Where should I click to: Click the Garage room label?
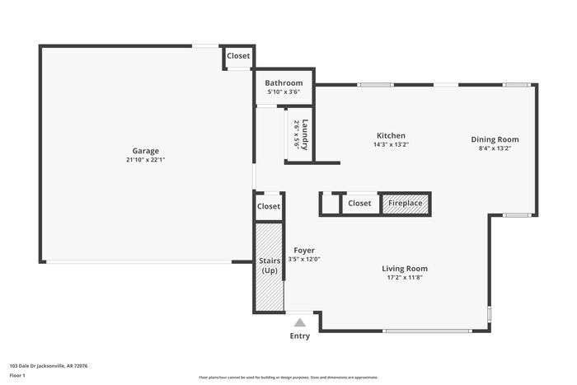coord(146,151)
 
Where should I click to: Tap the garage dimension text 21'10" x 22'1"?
coord(146,160)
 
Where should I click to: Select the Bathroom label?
coord(284,83)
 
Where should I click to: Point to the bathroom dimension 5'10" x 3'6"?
coord(284,92)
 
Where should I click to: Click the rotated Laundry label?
coord(305,135)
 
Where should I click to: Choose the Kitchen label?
coord(391,135)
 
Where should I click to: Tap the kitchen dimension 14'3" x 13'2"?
coord(391,144)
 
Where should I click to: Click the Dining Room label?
coord(495,139)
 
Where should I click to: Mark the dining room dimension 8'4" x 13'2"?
coord(495,148)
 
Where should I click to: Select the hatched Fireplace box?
coord(406,203)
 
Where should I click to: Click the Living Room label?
coord(404,269)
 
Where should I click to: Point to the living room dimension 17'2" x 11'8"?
coord(404,278)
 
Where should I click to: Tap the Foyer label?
coord(304,251)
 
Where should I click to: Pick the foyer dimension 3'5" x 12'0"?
coord(304,260)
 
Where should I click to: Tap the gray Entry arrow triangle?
coord(300,322)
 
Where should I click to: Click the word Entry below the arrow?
coord(300,336)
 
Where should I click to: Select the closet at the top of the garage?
coord(238,56)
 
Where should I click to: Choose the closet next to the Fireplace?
coord(359,203)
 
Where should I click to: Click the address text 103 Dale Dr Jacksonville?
coord(49,365)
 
